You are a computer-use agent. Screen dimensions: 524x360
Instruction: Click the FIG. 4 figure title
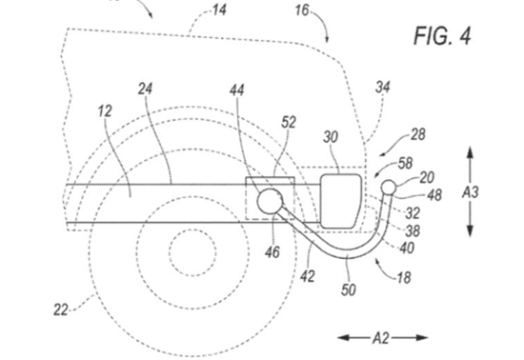click(442, 35)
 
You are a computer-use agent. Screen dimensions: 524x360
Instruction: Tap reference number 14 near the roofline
click(219, 10)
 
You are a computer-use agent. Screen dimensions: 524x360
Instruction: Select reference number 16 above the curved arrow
click(302, 10)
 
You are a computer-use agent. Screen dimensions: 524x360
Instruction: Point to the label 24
click(146, 90)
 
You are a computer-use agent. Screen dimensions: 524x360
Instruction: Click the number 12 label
click(105, 110)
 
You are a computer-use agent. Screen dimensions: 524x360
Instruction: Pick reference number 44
click(237, 90)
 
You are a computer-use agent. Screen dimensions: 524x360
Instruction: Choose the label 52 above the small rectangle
click(289, 123)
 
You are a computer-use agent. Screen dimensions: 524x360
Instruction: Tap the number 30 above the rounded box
click(331, 137)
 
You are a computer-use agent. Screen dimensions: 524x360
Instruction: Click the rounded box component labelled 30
click(340, 201)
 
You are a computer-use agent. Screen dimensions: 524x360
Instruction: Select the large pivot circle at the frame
click(270, 201)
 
